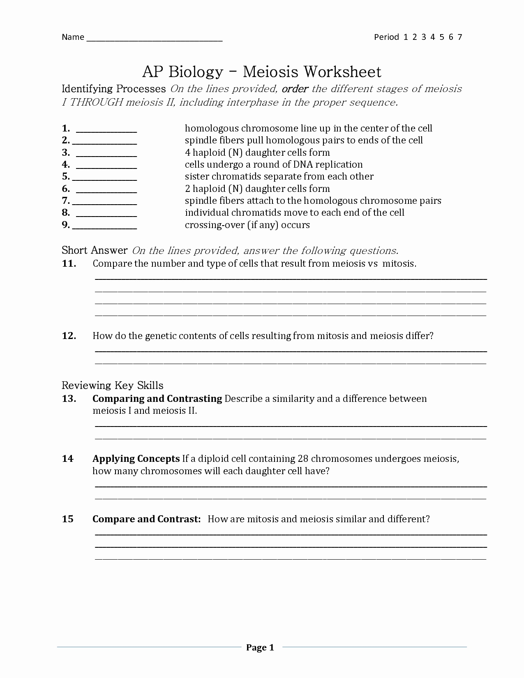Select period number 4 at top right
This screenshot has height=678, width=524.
pyautogui.click(x=433, y=37)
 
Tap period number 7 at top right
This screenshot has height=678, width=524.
pyautogui.click(x=460, y=37)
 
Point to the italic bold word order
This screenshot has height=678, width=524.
pyautogui.click(x=295, y=89)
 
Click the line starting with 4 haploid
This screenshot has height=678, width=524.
pyautogui.click(x=257, y=152)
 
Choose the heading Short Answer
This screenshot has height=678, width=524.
pyautogui.click(x=95, y=250)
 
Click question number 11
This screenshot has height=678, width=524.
pyautogui.click(x=69, y=264)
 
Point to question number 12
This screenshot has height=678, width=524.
pyautogui.click(x=69, y=336)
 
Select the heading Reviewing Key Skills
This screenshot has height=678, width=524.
pyautogui.click(x=113, y=385)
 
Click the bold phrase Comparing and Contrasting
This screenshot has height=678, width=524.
pyautogui.click(x=157, y=399)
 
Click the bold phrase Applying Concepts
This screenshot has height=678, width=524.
pyautogui.click(x=136, y=459)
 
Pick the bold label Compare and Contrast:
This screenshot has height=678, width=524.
pyautogui.click(x=147, y=519)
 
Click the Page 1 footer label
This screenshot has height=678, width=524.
pyautogui.click(x=260, y=648)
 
